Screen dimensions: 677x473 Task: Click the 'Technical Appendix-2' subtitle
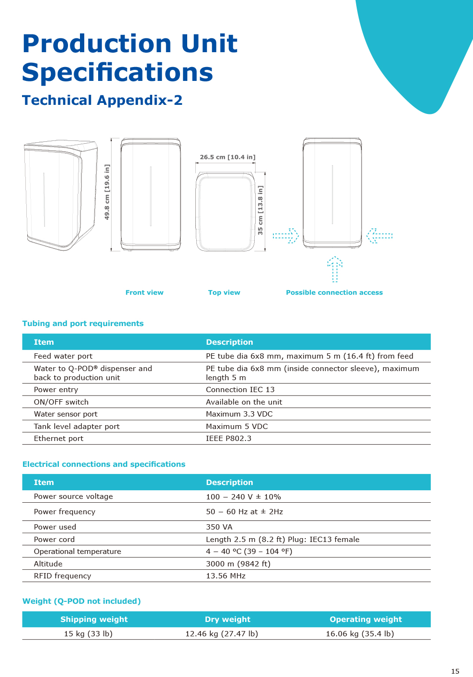tap(102, 100)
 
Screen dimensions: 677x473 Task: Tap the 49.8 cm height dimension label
tap(107, 192)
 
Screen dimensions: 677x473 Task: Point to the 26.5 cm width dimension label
tap(227, 157)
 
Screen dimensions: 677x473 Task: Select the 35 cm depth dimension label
tap(260, 210)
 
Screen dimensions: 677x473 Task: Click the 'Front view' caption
tap(144, 293)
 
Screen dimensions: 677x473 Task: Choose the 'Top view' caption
tap(224, 293)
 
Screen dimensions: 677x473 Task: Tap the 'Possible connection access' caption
tap(334, 293)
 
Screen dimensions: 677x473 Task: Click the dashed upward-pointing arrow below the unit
tap(335, 269)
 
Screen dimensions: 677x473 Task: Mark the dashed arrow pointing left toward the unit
tap(380, 236)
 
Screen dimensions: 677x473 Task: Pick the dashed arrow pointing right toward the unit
tap(286, 236)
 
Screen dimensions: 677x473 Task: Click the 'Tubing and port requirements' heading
tap(83, 324)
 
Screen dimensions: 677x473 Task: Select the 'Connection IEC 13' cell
tap(240, 390)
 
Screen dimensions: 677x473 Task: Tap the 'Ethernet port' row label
tap(58, 439)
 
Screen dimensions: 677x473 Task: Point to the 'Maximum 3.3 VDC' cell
tap(239, 414)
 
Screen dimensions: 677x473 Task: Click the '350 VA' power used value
tap(219, 527)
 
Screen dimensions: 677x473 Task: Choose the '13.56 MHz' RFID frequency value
tap(225, 576)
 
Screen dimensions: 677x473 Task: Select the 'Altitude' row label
tap(48, 564)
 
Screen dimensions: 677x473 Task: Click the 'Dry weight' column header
tap(227, 620)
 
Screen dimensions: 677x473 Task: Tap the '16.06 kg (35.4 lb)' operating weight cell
tap(360, 634)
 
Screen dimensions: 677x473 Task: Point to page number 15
tap(455, 671)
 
